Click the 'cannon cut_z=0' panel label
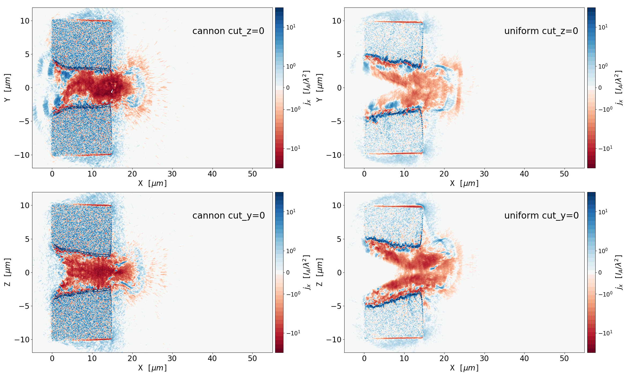click(x=228, y=31)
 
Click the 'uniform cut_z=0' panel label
click(x=541, y=31)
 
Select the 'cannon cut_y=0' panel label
click(x=229, y=216)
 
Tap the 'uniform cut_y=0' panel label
click(x=541, y=216)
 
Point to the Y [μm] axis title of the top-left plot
click(x=8, y=88)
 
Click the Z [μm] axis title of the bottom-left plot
click(x=8, y=272)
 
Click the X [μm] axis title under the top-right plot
click(x=464, y=183)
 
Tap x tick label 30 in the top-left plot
click(x=172, y=174)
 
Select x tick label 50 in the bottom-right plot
click(x=564, y=359)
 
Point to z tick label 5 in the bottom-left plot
click(x=27, y=239)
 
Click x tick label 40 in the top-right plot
click(x=524, y=174)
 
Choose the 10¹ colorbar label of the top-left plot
click(x=291, y=27)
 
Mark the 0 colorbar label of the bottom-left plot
click(x=288, y=273)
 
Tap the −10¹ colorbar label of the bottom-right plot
click(x=605, y=333)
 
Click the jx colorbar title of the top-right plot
click(x=619, y=88)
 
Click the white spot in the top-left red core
click(x=112, y=91)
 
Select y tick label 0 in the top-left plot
click(x=27, y=88)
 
